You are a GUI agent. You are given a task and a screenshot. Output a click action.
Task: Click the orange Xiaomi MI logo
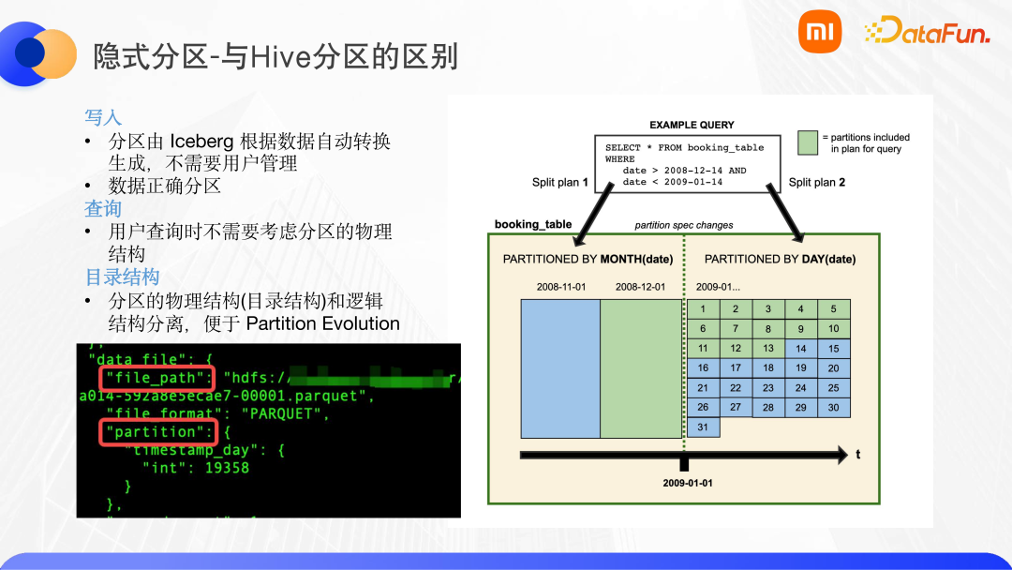point(820,32)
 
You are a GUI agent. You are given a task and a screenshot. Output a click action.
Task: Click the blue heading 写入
point(103,117)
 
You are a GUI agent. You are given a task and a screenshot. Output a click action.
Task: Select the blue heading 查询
point(103,208)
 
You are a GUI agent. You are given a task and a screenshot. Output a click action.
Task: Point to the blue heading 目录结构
point(122,277)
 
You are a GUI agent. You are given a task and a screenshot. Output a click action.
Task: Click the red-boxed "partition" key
point(157,431)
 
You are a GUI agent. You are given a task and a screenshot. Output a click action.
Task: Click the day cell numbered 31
point(703,427)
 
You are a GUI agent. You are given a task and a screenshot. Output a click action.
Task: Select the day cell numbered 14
point(800,348)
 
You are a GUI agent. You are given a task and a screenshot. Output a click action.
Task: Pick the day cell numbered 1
point(703,308)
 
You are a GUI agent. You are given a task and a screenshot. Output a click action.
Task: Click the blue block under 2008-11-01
point(559,368)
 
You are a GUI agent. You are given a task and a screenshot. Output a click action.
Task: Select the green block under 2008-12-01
point(641,368)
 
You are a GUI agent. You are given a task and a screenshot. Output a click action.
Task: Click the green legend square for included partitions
point(809,142)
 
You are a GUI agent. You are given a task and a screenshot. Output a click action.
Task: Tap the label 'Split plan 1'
point(559,182)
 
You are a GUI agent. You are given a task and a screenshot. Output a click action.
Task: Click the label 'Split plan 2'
point(817,182)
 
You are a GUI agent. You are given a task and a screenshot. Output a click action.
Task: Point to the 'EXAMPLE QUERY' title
point(692,125)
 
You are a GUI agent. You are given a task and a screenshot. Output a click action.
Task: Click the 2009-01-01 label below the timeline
point(688,484)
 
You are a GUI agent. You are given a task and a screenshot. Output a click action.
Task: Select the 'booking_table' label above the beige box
point(533,225)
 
